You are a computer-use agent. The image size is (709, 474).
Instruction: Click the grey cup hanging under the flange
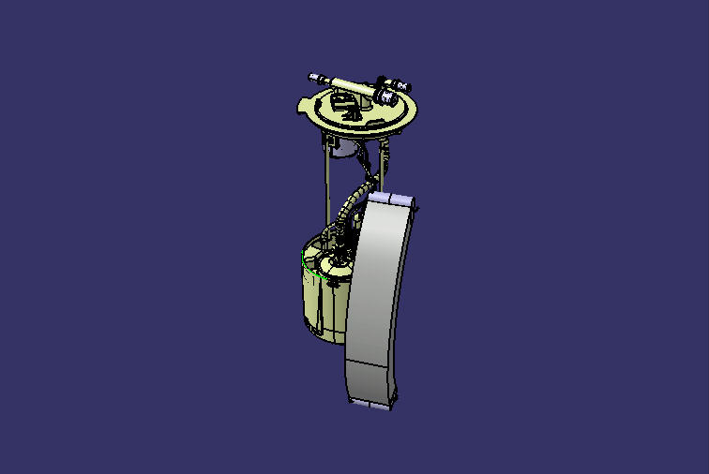[343, 147]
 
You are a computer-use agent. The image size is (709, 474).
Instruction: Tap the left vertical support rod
[324, 187]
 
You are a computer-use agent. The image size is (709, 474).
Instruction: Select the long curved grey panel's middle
[380, 281]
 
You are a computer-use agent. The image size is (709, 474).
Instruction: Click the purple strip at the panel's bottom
[372, 404]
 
